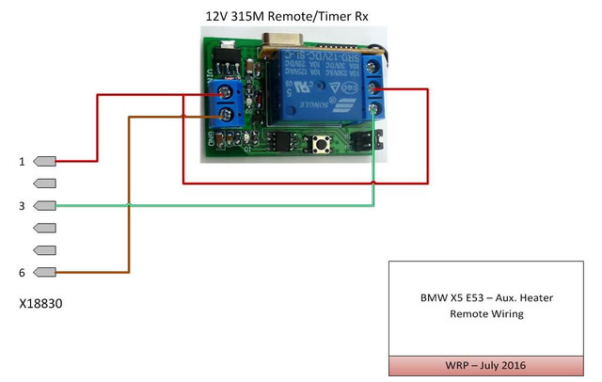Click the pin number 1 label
point(22,162)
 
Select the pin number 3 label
point(22,206)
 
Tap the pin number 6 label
point(22,273)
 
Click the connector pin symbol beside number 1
point(45,161)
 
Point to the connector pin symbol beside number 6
point(45,273)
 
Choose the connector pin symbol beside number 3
point(45,206)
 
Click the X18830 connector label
point(40,307)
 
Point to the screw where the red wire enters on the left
point(226,92)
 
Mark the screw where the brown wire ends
point(226,116)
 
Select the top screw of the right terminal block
point(375,66)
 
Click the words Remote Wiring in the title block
point(487,314)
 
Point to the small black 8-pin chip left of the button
point(280,141)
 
